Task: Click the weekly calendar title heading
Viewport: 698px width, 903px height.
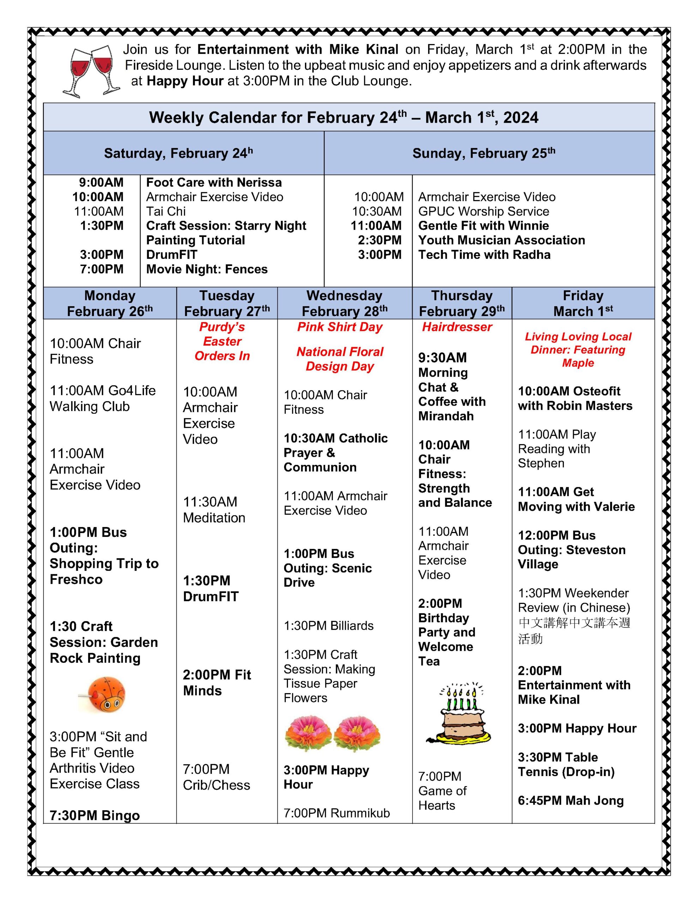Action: click(x=343, y=117)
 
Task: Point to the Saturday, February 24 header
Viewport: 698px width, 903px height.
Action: click(x=178, y=153)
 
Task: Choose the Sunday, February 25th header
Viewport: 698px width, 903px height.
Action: click(x=484, y=153)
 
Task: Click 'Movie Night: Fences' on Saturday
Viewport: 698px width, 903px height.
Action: click(x=207, y=269)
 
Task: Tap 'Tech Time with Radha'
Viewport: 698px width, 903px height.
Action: click(x=484, y=255)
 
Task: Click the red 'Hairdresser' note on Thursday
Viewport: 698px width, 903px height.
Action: click(x=457, y=327)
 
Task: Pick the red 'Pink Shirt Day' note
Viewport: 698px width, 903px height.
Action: click(x=340, y=327)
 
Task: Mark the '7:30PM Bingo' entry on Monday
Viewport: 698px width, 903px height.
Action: click(x=95, y=816)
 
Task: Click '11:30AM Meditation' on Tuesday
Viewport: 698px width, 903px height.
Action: click(x=214, y=510)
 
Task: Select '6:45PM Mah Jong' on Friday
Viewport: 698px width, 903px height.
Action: click(x=571, y=800)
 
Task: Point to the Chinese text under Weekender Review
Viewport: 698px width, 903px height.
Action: click(x=574, y=631)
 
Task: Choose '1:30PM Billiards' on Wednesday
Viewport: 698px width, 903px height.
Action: click(x=329, y=625)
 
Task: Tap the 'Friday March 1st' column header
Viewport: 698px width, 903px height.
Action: click(x=583, y=303)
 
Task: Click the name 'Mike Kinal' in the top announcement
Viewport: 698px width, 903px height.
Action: click(x=364, y=50)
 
